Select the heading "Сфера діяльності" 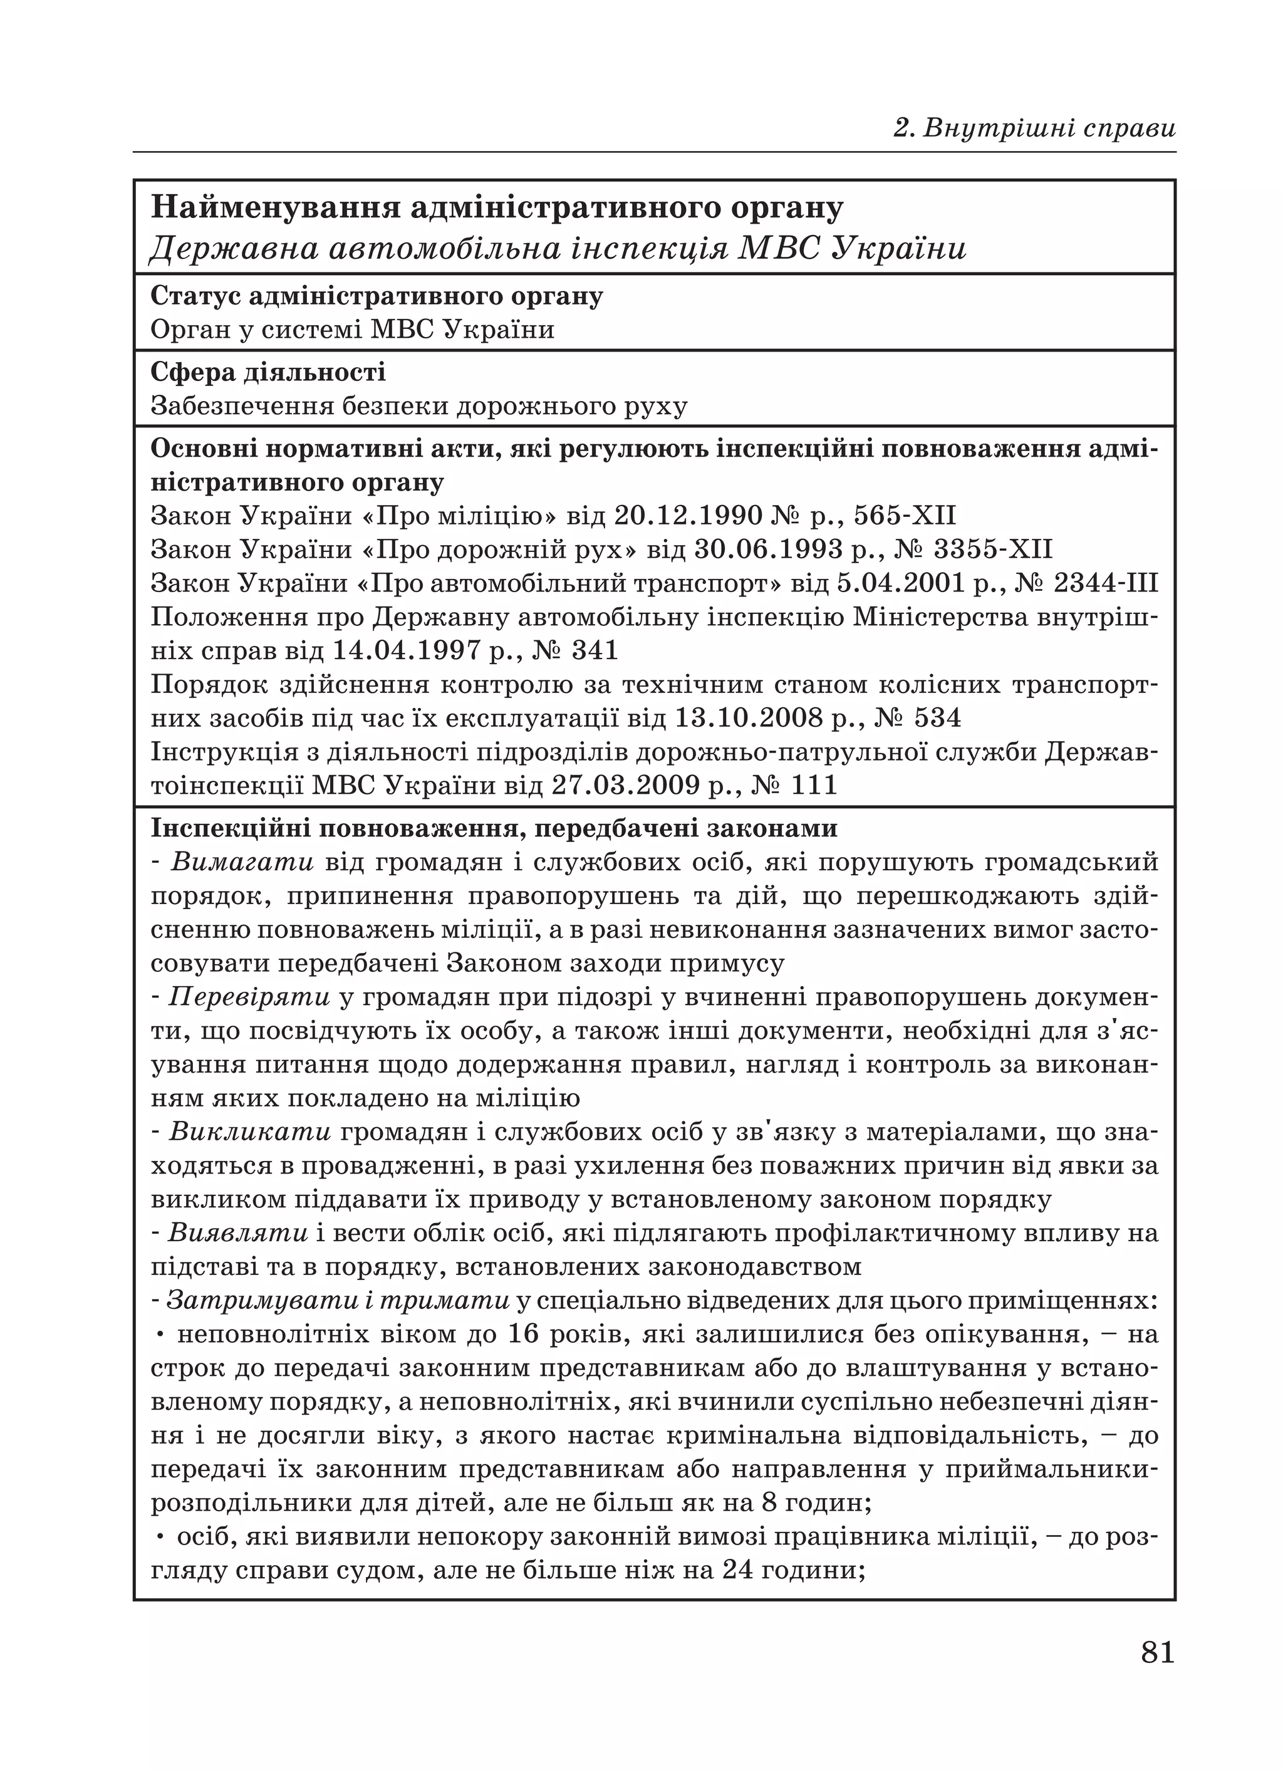tap(268, 372)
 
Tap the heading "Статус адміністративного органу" tap(376, 296)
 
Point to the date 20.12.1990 tap(687, 516)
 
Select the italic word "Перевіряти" tap(250, 997)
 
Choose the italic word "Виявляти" tap(238, 1232)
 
